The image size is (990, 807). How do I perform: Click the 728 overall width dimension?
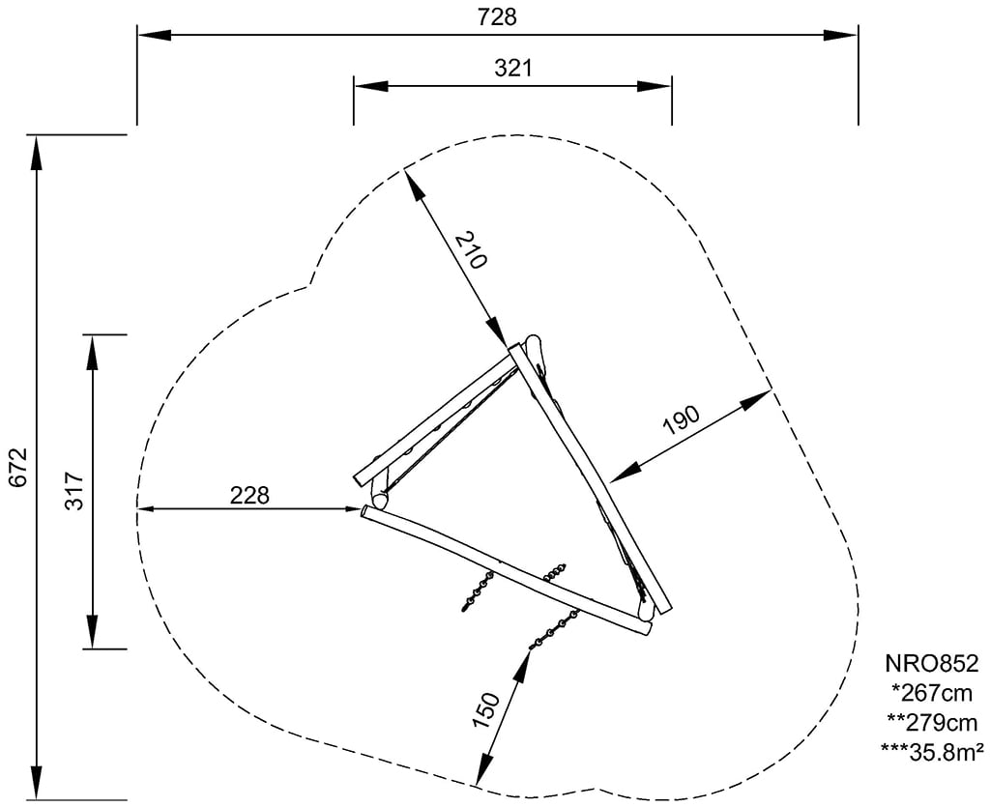point(497,17)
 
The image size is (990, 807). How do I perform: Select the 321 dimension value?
point(512,69)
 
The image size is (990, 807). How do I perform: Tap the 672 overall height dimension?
point(18,467)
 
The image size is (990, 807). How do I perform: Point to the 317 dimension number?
point(73,491)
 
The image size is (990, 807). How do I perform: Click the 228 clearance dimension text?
point(249,495)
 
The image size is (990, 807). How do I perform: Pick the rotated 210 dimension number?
point(471,250)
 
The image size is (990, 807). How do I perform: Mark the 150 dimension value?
point(486,710)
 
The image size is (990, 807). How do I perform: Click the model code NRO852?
point(931,664)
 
